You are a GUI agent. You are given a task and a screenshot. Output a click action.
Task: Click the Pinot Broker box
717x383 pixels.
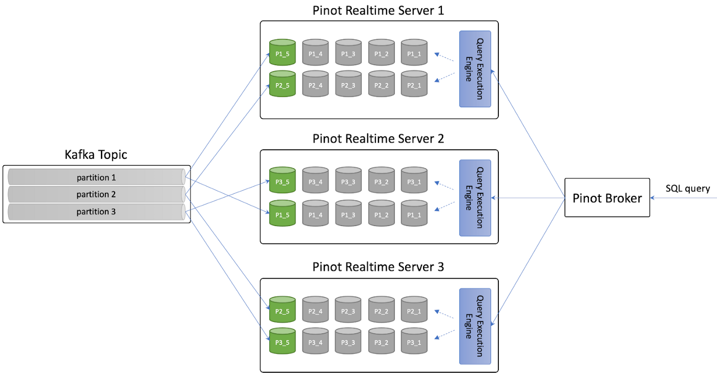(x=607, y=198)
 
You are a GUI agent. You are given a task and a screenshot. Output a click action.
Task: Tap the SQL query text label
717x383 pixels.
(x=687, y=189)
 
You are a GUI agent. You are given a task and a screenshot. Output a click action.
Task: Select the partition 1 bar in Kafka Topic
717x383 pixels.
(x=96, y=178)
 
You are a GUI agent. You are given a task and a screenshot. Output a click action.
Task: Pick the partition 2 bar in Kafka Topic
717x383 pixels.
(x=96, y=194)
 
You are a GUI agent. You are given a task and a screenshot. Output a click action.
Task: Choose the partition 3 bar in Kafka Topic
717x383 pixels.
(x=96, y=211)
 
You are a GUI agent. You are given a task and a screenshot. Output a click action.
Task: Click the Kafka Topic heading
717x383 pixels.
(x=96, y=154)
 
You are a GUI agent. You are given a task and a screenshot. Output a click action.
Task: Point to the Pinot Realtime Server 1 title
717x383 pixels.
(x=378, y=11)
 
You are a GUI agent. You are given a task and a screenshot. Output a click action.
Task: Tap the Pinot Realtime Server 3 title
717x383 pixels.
(x=378, y=267)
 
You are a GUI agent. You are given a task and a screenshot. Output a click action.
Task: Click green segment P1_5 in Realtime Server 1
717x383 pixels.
(x=283, y=53)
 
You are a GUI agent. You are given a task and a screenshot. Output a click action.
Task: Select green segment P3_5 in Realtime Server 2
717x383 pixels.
(x=283, y=182)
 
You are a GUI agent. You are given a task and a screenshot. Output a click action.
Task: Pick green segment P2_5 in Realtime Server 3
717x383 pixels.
(x=283, y=311)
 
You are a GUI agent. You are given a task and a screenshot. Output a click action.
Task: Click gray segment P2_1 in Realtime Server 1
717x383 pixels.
(x=414, y=85)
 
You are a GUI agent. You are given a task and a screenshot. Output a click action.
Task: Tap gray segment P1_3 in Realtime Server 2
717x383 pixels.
(x=348, y=214)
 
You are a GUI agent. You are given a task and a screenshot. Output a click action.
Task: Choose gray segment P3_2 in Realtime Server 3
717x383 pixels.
(x=381, y=342)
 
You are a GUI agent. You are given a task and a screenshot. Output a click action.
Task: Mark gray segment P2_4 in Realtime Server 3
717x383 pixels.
(x=315, y=311)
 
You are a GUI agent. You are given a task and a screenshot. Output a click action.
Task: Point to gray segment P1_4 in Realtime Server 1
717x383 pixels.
(x=315, y=53)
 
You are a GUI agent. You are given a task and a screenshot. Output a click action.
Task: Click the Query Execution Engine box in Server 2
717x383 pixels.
(x=475, y=198)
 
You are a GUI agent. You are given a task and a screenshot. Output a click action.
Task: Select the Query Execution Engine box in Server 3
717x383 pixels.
(x=475, y=327)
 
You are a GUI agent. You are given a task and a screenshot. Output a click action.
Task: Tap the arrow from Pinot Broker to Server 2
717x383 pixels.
(x=528, y=198)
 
